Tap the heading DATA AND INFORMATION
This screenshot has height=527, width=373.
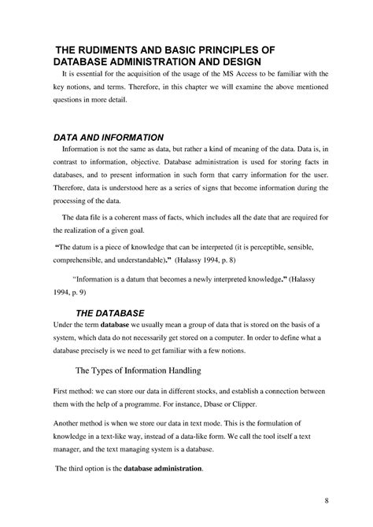click(x=108, y=135)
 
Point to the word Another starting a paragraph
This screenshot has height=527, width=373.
click(x=68, y=426)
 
